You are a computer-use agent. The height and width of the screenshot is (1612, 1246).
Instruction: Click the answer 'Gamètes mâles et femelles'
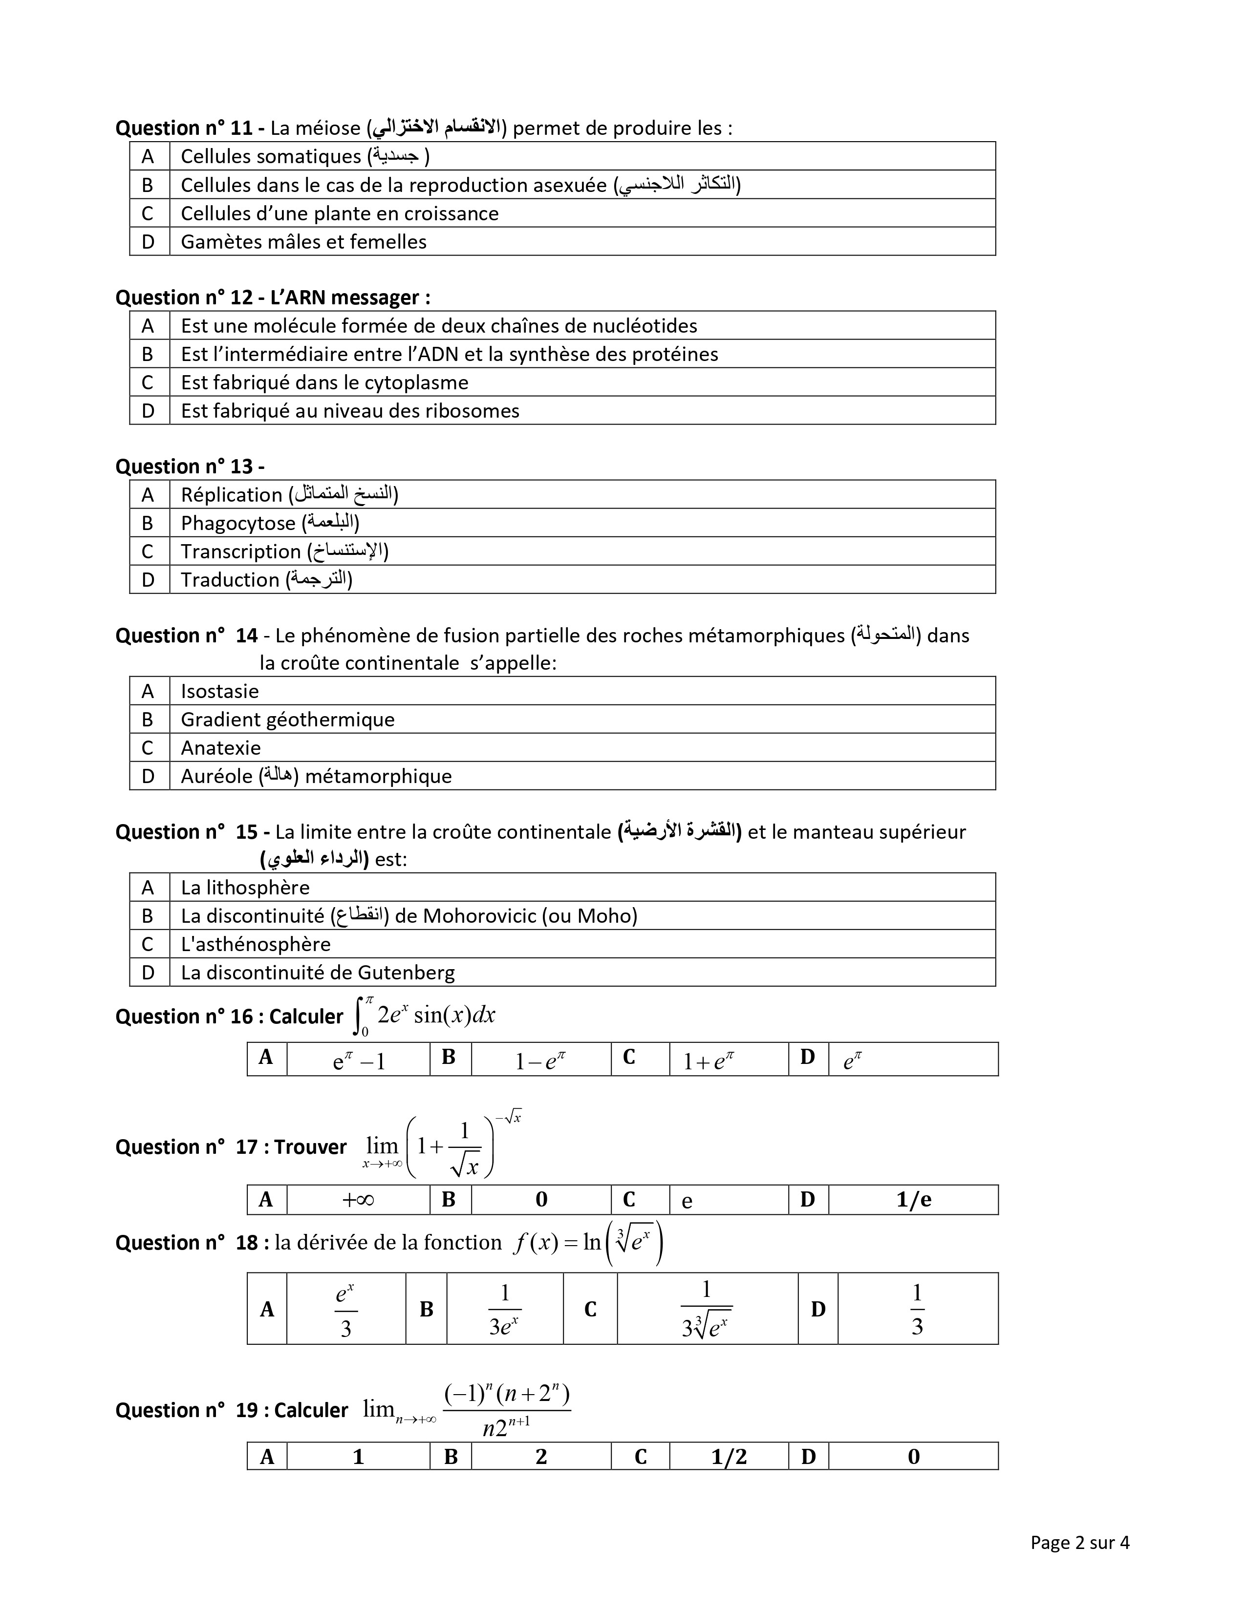pyautogui.click(x=303, y=242)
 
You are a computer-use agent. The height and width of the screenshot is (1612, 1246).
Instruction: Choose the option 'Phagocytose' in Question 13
pyautogui.click(x=237, y=523)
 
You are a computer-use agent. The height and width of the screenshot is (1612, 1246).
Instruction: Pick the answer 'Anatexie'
pyautogui.click(x=221, y=748)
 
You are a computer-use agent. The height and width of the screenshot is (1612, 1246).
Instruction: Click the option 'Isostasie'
pyautogui.click(x=220, y=692)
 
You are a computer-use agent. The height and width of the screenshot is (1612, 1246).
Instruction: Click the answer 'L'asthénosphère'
pyautogui.click(x=256, y=945)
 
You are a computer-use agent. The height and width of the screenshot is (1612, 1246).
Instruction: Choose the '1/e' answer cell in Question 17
pyautogui.click(x=913, y=1200)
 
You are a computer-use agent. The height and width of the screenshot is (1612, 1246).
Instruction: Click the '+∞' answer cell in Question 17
pyautogui.click(x=358, y=1200)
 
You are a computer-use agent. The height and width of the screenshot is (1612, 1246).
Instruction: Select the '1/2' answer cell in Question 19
pyautogui.click(x=729, y=1456)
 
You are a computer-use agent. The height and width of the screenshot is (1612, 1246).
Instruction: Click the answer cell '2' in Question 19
pyautogui.click(x=541, y=1456)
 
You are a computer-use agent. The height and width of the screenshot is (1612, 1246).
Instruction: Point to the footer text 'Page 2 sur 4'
pyautogui.click(x=1079, y=1543)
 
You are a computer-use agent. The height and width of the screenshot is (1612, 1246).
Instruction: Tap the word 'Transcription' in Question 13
pyautogui.click(x=240, y=552)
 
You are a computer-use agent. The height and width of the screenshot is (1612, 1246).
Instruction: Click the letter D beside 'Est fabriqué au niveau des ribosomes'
pyautogui.click(x=149, y=411)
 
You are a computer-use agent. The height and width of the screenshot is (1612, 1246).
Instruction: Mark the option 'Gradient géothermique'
pyautogui.click(x=287, y=720)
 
